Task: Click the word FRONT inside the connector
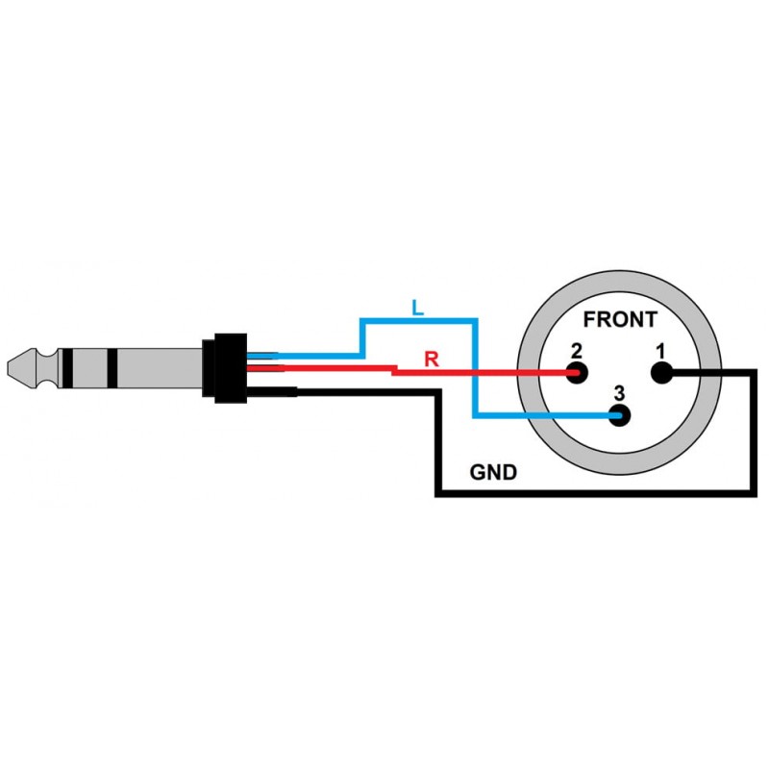pyautogui.click(x=620, y=320)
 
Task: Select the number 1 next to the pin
pyautogui.click(x=660, y=351)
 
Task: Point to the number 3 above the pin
pyautogui.click(x=619, y=391)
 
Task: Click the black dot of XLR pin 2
pyautogui.click(x=578, y=372)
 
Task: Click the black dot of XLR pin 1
pyautogui.click(x=661, y=373)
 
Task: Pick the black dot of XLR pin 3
pyautogui.click(x=620, y=416)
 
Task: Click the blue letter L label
pyautogui.click(x=415, y=308)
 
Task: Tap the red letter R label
pyautogui.click(x=432, y=360)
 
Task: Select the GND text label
pyautogui.click(x=493, y=472)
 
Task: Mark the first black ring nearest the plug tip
pyautogui.click(x=67, y=366)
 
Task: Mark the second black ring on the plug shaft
pyautogui.click(x=112, y=366)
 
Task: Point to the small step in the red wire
pyautogui.click(x=395, y=369)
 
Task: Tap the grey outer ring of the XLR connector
pyautogui.click(x=619, y=461)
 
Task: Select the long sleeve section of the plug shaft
pyautogui.click(x=159, y=366)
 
